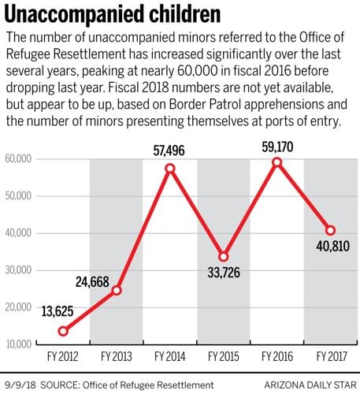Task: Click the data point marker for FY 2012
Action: [x=62, y=331]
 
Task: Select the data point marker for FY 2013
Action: [x=116, y=291]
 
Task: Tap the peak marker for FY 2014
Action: [x=169, y=169]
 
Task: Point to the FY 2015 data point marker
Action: [x=223, y=257]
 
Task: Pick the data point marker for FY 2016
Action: [x=276, y=162]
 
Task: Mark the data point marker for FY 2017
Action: [x=330, y=231]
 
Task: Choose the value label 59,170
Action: [x=276, y=143]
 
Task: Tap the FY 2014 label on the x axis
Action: [x=169, y=357]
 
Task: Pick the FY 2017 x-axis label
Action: [x=330, y=357]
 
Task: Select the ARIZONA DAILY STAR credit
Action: [x=305, y=385]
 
